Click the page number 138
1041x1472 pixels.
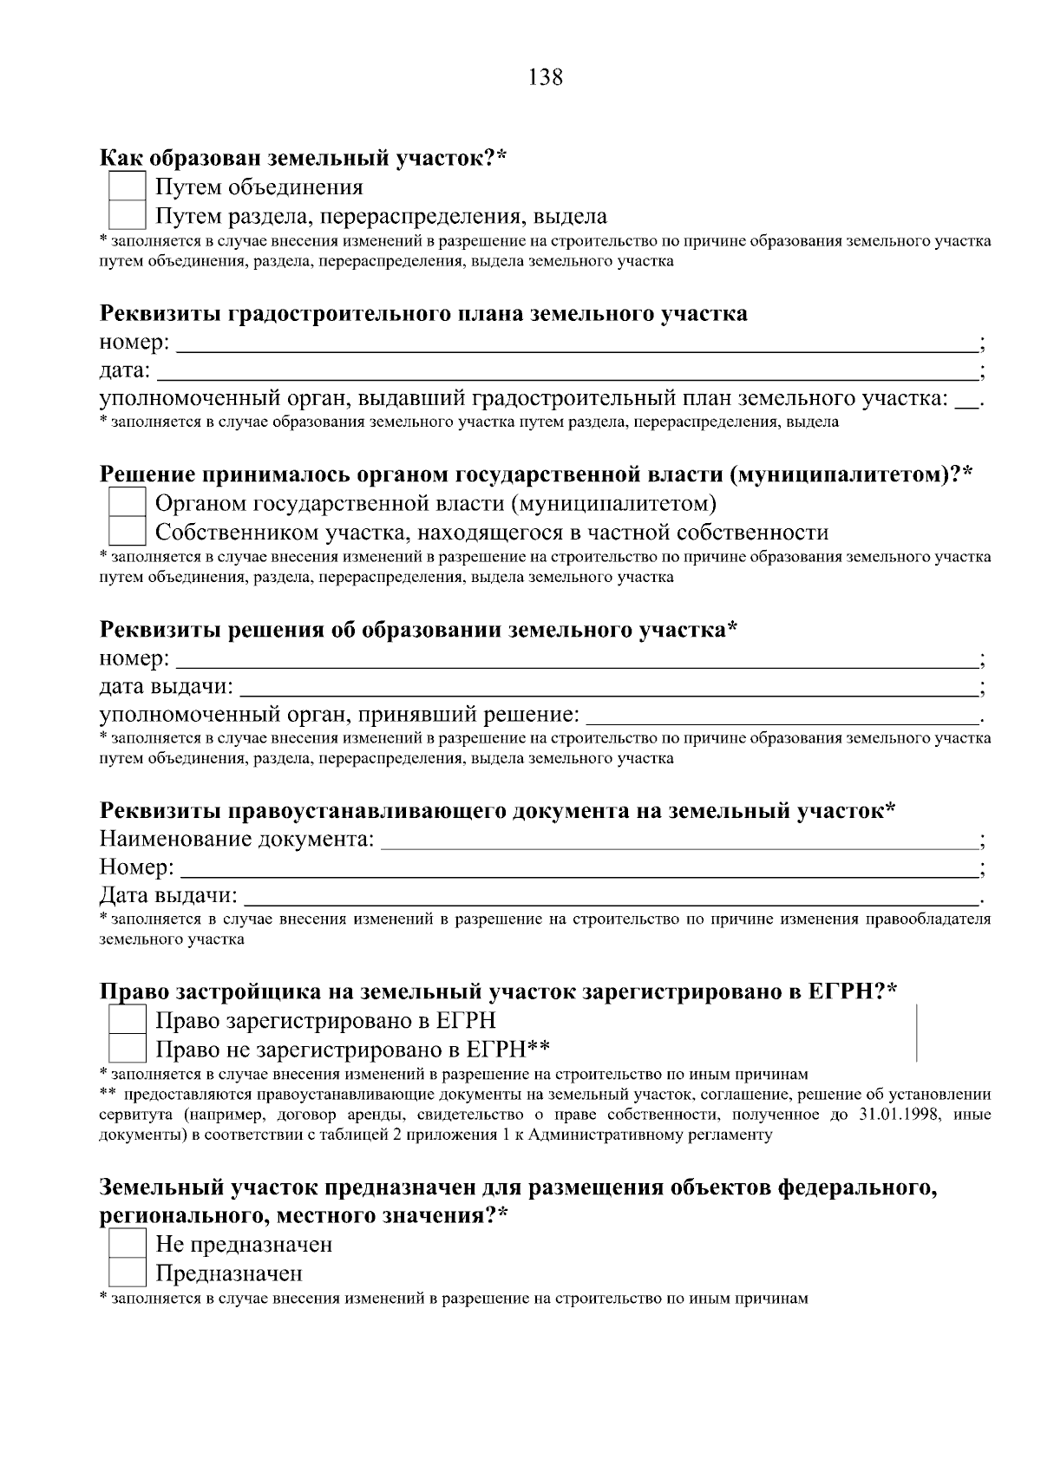click(546, 78)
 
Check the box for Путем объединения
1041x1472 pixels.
click(127, 187)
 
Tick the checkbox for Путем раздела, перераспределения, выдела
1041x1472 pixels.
click(127, 216)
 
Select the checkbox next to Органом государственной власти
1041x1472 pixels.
click(127, 503)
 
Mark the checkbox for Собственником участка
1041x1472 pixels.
click(127, 532)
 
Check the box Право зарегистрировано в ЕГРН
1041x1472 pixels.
click(127, 1021)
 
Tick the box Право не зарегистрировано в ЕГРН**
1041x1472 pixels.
click(127, 1050)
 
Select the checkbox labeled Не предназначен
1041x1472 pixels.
click(127, 1246)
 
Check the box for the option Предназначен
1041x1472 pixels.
click(127, 1274)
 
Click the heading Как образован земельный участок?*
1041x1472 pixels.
click(303, 159)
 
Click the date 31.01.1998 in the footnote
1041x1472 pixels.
click(899, 1115)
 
